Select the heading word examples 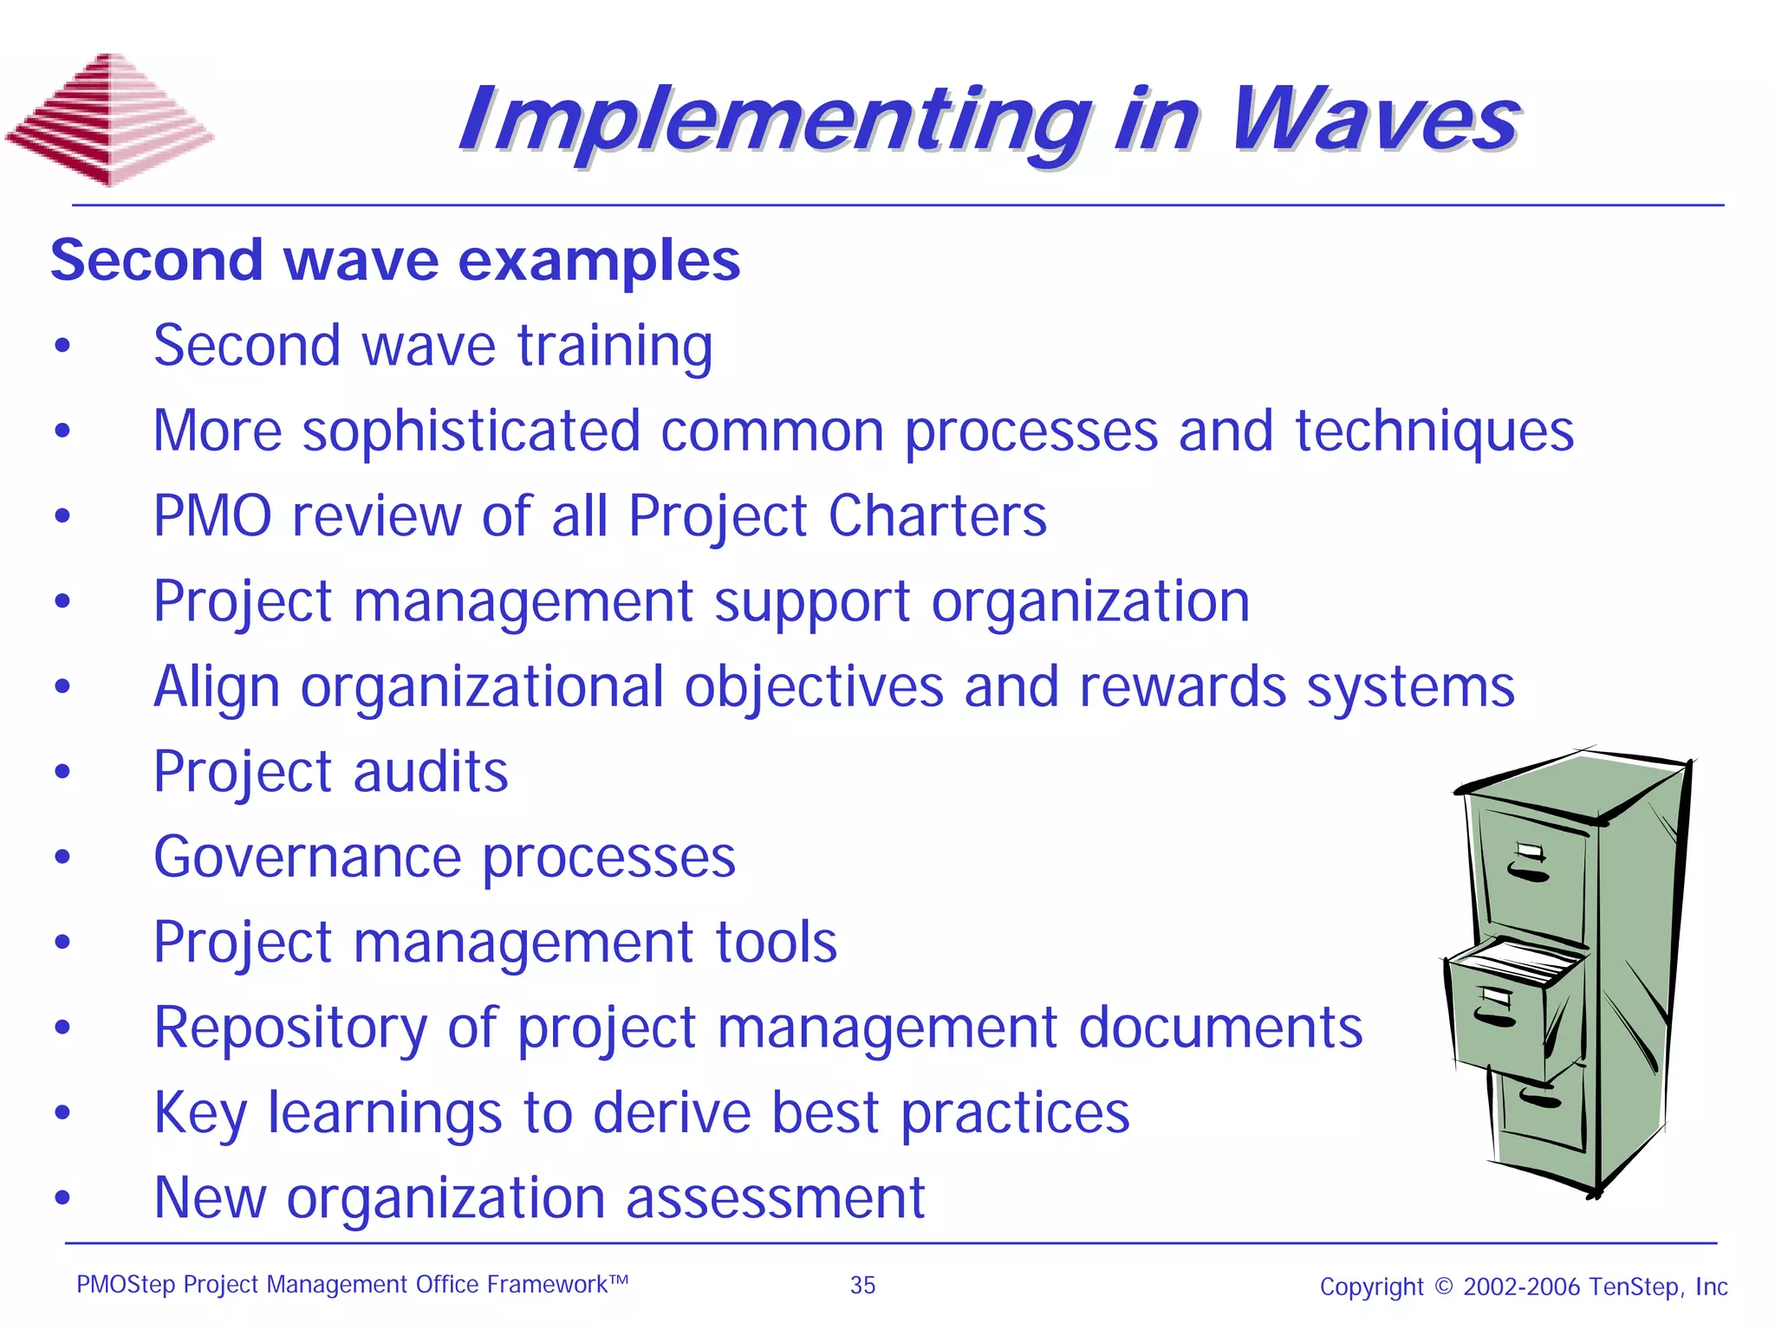pyautogui.click(x=599, y=260)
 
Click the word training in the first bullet pyautogui.click(x=614, y=346)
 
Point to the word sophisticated pyautogui.click(x=471, y=431)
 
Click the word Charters pyautogui.click(x=937, y=516)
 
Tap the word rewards pyautogui.click(x=1182, y=687)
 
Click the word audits pyautogui.click(x=431, y=772)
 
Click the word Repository pyautogui.click(x=290, y=1028)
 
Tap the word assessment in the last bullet pyautogui.click(x=775, y=1198)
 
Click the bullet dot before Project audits pyautogui.click(x=62, y=771)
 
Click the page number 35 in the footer pyautogui.click(x=862, y=1285)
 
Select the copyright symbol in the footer pyautogui.click(x=1443, y=1287)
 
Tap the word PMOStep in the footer pyautogui.click(x=126, y=1285)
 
